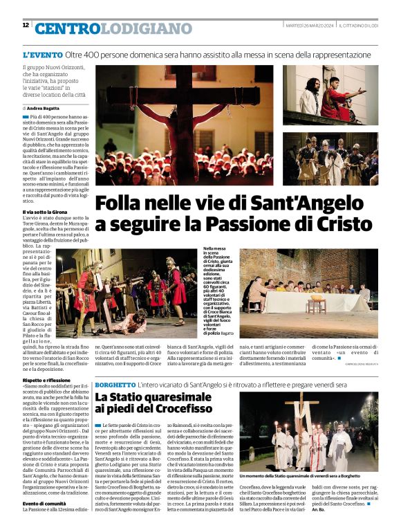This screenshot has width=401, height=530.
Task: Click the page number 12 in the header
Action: (x=26, y=25)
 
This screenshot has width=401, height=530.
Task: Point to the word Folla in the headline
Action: (x=122, y=204)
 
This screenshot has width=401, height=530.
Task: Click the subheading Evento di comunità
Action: (x=48, y=503)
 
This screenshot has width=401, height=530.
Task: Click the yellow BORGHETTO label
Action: (x=115, y=384)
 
